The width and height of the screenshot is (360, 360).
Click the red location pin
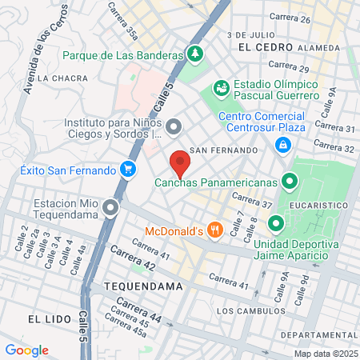click(x=180, y=164)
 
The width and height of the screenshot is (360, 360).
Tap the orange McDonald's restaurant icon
click(x=214, y=230)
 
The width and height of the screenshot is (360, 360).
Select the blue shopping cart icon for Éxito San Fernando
click(x=127, y=169)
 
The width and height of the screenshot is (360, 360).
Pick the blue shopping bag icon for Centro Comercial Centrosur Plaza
click(x=282, y=145)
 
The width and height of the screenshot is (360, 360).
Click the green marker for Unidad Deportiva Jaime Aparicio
click(x=275, y=223)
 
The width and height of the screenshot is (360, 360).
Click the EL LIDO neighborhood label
click(x=45, y=318)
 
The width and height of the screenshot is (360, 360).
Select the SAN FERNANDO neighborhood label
click(x=224, y=150)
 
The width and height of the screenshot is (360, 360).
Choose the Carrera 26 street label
click(x=290, y=17)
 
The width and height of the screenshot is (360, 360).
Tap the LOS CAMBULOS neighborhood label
click(x=250, y=310)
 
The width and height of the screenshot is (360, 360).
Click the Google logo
click(x=26, y=350)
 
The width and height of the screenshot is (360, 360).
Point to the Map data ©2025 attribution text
click(x=325, y=354)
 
